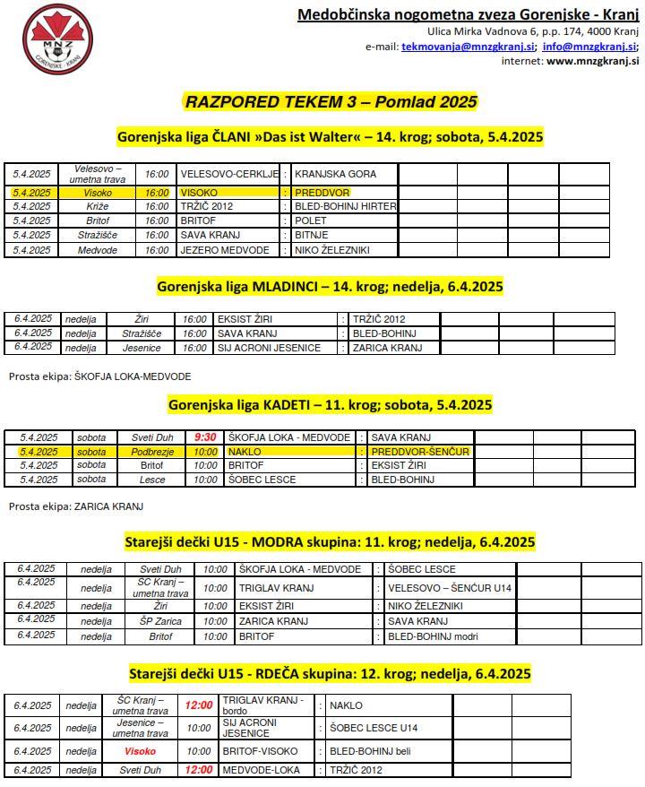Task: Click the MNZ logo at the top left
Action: click(56, 39)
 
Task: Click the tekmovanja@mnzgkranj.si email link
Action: click(469, 47)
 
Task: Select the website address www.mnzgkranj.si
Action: click(592, 61)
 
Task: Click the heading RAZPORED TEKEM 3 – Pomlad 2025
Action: click(331, 101)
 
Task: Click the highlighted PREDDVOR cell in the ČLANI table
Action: click(322, 193)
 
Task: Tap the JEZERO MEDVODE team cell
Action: click(219, 250)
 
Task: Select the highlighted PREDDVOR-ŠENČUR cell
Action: click(420, 452)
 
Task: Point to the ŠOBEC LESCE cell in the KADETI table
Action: click(262, 480)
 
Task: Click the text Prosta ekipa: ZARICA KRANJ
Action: click(76, 506)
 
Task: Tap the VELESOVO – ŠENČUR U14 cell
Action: click(436, 588)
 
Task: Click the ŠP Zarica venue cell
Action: click(160, 621)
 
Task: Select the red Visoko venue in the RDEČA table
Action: click(140, 751)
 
